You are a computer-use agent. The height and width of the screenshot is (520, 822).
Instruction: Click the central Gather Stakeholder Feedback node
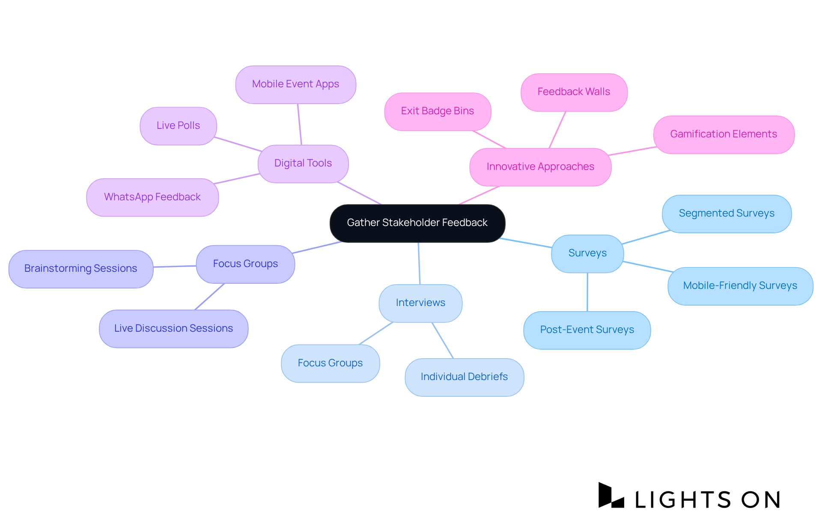point(417,223)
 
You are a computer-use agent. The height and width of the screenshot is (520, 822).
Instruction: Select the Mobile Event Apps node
point(295,84)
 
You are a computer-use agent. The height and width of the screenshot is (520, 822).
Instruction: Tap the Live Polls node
point(178,126)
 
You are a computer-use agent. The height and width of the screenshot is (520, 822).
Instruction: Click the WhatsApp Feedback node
point(152,197)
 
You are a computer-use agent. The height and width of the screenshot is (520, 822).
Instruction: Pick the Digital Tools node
point(303,163)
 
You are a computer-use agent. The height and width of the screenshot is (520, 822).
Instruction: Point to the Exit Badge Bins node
point(438,111)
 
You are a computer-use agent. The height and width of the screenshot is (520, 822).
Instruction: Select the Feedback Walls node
point(574,92)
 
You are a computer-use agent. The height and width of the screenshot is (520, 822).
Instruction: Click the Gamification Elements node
point(724,134)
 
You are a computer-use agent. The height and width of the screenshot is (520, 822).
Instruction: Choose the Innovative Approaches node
point(540,167)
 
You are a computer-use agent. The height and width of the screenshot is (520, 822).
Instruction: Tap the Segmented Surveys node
point(727,214)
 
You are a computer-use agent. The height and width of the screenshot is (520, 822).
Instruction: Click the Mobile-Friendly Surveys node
point(740,286)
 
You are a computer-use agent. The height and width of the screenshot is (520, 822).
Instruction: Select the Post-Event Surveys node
point(587,330)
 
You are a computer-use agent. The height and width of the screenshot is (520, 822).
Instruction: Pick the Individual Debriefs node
point(464,377)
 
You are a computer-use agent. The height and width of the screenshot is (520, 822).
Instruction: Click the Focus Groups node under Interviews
point(330,363)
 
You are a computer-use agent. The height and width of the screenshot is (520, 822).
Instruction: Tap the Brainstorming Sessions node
point(81,269)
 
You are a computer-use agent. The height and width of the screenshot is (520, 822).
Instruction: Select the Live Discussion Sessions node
point(173,329)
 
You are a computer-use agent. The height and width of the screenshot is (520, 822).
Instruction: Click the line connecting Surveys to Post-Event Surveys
point(587,292)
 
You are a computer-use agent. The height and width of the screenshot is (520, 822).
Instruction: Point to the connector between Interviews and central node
point(419,263)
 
